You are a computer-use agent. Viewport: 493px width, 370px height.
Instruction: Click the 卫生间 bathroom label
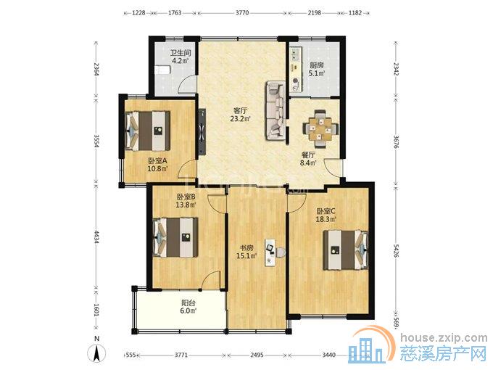pos(181,53)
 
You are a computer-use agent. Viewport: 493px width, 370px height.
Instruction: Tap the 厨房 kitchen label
pos(317,65)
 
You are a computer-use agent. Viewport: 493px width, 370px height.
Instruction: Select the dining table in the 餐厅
pos(320,128)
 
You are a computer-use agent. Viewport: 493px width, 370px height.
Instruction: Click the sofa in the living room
pos(275,110)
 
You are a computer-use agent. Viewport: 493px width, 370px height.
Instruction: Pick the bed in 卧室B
pos(175,237)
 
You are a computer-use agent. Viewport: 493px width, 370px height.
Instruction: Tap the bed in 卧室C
pos(346,250)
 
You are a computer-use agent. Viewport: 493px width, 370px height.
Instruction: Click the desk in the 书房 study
pos(270,252)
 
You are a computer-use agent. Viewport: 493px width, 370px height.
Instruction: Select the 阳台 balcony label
pos(188,303)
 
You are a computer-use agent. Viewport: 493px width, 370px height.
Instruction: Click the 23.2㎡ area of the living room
pos(241,119)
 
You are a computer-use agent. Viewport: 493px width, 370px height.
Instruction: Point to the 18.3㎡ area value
pos(326,219)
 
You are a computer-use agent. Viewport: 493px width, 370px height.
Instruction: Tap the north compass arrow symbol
pos(97,353)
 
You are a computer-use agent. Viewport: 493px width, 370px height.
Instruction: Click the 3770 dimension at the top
pos(242,13)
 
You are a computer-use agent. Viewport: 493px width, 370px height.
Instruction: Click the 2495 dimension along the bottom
pos(257,355)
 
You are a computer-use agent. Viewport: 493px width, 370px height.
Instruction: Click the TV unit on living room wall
pos(202,131)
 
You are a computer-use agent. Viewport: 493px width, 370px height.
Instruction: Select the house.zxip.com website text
pos(444,338)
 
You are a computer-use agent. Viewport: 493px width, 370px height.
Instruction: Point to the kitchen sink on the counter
pos(296,54)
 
